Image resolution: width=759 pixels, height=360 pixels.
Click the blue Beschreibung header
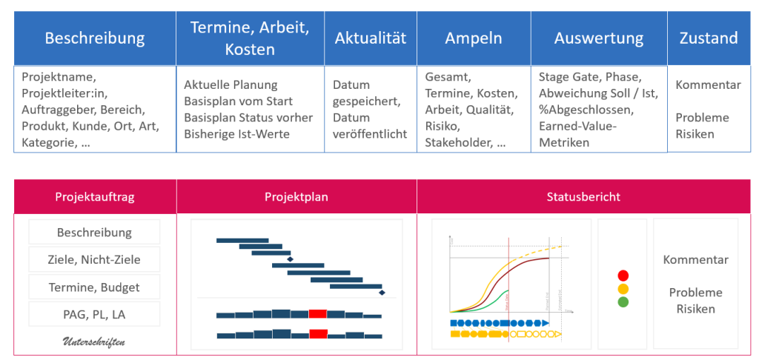click(95, 39)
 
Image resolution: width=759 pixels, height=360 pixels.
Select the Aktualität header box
click(370, 39)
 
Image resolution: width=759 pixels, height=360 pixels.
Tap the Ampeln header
click(473, 39)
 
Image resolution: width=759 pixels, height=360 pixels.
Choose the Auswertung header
click(598, 39)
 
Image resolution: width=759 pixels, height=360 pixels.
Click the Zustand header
click(708, 39)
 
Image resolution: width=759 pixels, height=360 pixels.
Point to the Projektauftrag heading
click(95, 197)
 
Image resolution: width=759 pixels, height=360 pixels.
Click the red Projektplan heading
click(296, 197)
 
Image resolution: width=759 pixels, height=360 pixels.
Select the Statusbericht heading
click(583, 197)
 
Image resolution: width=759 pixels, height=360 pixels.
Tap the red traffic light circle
click(623, 276)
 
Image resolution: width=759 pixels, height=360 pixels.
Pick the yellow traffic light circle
click(623, 289)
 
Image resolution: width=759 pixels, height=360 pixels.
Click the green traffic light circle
click(623, 302)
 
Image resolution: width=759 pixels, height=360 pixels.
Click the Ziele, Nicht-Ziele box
click(95, 259)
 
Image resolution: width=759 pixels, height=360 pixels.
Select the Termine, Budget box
click(95, 287)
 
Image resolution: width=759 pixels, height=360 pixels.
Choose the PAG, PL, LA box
click(95, 315)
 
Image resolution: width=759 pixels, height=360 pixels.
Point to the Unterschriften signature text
click(94, 341)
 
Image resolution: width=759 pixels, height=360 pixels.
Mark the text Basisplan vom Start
click(238, 101)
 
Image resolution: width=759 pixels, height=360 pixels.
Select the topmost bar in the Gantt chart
click(242, 240)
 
